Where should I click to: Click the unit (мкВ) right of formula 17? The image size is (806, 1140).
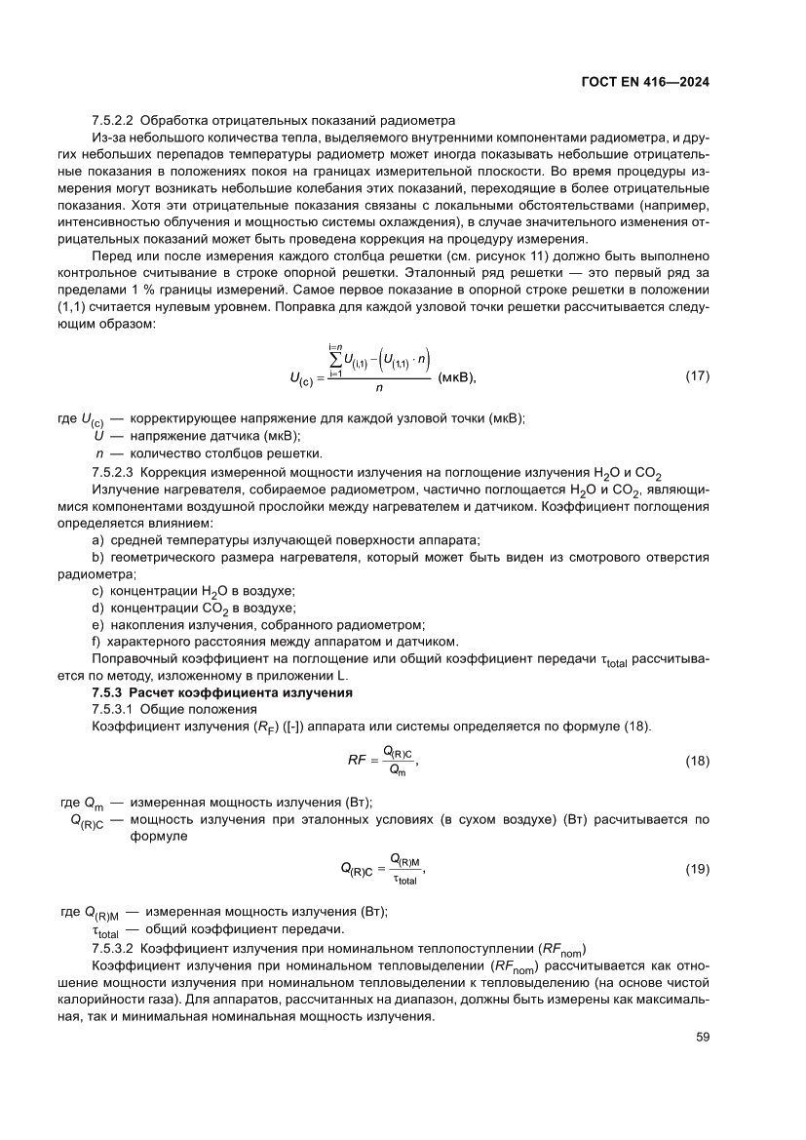(x=460, y=375)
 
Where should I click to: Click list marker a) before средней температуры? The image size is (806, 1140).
(x=96, y=540)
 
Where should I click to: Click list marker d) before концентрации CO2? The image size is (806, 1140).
(x=96, y=608)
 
